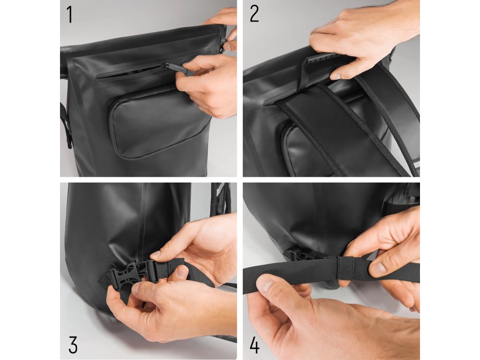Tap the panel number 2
click(254, 15)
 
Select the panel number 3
click(73, 345)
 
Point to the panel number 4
click(255, 345)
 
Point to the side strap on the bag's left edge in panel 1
click(66, 126)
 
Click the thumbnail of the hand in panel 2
click(336, 76)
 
